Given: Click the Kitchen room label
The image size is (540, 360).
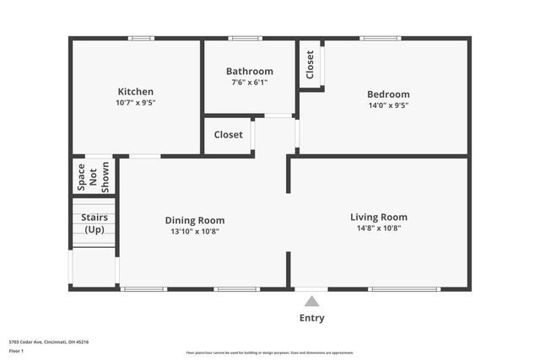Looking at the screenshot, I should [x=136, y=92].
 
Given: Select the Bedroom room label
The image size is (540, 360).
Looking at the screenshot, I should [x=388, y=94].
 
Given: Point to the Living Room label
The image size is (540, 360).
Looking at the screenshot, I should [x=379, y=217].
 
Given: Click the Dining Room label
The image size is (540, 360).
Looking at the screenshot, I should [x=194, y=220].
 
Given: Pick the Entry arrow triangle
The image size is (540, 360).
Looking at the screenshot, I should [x=311, y=301].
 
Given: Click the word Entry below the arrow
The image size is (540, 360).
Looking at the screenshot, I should [x=311, y=318].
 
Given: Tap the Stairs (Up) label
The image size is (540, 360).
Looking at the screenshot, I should [x=93, y=223].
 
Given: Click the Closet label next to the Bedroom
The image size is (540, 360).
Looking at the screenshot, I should [x=310, y=65].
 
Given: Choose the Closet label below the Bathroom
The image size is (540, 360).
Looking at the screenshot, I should [x=228, y=135].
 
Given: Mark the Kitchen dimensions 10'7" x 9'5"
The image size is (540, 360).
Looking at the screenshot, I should [x=136, y=103].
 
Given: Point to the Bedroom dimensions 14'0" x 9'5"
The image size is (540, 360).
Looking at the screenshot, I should [x=388, y=105].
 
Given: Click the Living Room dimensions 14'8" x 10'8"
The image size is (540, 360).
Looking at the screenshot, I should [x=379, y=228].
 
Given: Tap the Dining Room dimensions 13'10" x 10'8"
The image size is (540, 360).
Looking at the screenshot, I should [x=194, y=231].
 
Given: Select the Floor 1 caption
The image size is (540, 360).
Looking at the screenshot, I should [x=16, y=350].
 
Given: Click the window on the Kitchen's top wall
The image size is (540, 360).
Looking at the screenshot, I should [x=141, y=38].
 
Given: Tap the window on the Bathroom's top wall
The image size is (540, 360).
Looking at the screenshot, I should [x=245, y=38].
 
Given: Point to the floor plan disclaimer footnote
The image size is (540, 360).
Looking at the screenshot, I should [x=269, y=353].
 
